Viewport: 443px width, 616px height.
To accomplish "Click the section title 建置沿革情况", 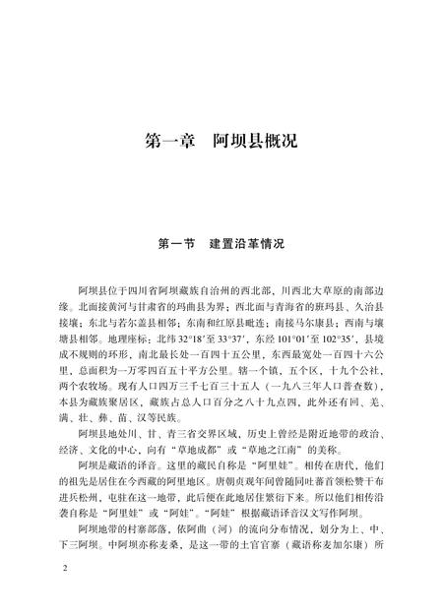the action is [252, 240].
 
